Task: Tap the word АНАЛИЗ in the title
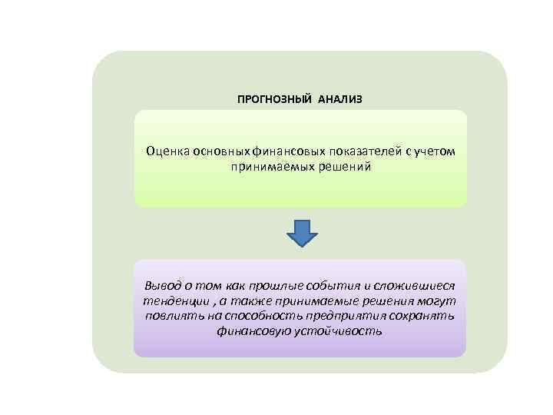click(x=337, y=100)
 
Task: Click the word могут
click(x=438, y=301)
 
